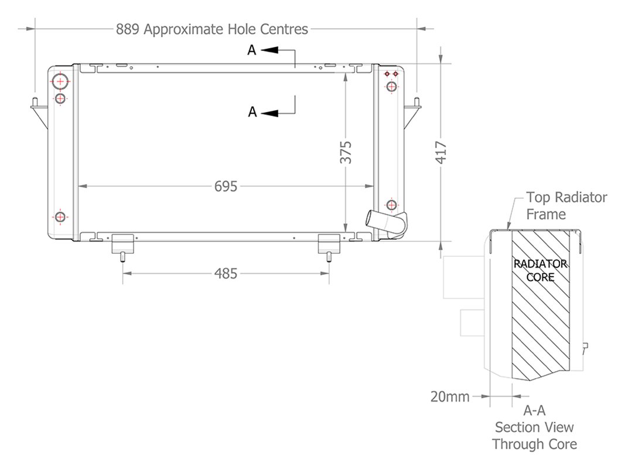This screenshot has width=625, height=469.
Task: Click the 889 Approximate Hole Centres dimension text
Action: coord(211,29)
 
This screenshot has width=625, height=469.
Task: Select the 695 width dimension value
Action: coord(226,186)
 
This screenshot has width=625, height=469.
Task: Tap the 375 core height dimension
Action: coord(346,152)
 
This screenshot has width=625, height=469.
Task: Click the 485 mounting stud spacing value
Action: coord(226,273)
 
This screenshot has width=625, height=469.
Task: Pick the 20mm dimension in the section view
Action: coord(450,397)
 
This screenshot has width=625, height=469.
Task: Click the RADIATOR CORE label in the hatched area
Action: coord(540,270)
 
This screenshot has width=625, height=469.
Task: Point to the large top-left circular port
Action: coord(60,81)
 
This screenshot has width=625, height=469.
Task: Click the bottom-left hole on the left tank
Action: coord(60,217)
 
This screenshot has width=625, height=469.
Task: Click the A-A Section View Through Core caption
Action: coord(534,427)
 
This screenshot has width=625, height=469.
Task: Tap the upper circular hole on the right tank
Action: coord(392,87)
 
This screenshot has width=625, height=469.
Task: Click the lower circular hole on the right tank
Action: coord(392,205)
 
